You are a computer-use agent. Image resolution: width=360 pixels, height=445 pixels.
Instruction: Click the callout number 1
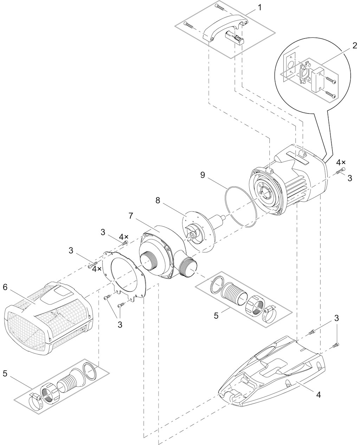pyautogui.click(x=259, y=8)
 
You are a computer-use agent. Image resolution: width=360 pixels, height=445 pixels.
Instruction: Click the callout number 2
pyautogui.click(x=355, y=46)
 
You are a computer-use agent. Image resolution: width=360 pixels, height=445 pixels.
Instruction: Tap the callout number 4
pyautogui.click(x=318, y=395)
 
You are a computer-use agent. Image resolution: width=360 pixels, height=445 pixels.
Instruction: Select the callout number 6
pyautogui.click(x=5, y=287)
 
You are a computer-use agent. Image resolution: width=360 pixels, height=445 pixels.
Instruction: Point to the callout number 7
pyautogui.click(x=131, y=216)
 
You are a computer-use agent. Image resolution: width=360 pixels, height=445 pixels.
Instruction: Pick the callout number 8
pyautogui.click(x=157, y=201)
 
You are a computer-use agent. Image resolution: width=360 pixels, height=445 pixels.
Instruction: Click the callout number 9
pyautogui.click(x=202, y=175)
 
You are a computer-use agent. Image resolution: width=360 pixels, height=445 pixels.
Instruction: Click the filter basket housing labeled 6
pyautogui.click(x=48, y=318)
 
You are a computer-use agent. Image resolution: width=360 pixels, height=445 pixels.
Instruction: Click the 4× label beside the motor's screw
pyautogui.click(x=341, y=162)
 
